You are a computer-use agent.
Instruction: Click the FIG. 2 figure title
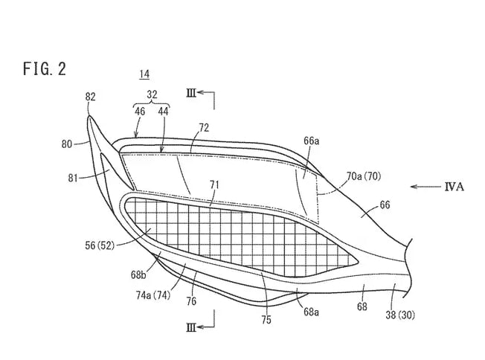pos(45,68)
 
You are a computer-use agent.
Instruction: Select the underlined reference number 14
pos(144,74)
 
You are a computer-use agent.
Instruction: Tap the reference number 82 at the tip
pos(90,97)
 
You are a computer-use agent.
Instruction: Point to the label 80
pos(67,144)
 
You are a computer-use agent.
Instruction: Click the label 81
pos(73,179)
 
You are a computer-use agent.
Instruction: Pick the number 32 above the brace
pos(152,94)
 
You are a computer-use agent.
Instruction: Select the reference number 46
pos(140,112)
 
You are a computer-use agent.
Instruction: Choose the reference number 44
pos(163,112)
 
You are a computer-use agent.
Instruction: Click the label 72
pos(204,128)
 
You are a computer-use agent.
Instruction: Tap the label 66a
pos(311,141)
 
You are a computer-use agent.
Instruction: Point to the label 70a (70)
pos(364,176)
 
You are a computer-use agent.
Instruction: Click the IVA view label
pos(455,187)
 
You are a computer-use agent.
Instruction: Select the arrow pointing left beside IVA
pos(425,187)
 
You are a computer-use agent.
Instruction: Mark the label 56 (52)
pos(100,245)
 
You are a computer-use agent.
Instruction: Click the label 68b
pos(138,274)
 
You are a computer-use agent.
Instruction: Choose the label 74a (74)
pos(153,295)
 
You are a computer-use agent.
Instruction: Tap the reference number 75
pos(266,320)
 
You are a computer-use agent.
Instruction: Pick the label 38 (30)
pos(400,315)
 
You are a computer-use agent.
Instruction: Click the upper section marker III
pos(191,93)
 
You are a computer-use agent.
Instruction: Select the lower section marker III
pos(191,327)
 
